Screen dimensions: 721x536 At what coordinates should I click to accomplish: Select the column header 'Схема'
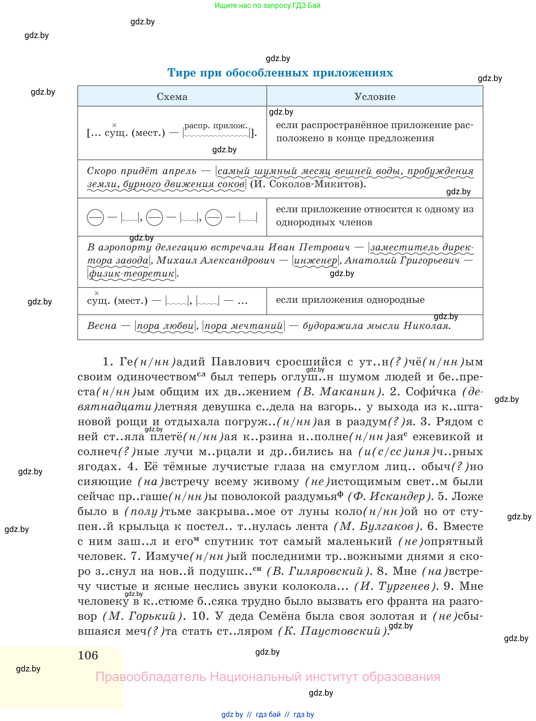(172, 96)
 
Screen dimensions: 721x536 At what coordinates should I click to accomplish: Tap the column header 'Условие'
(375, 96)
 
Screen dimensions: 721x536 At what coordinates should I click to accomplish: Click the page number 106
(88, 655)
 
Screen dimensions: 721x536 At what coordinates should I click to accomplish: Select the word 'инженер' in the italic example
(315, 260)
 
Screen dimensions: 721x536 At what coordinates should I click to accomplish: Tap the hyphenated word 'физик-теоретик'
(131, 274)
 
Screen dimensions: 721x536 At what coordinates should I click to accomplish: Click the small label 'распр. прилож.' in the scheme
(216, 126)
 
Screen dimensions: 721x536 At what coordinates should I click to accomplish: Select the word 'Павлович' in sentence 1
(240, 362)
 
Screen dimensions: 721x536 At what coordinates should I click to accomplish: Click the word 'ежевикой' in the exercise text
(441, 437)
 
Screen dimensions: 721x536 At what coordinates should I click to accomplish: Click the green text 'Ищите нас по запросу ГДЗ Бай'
(267, 6)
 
